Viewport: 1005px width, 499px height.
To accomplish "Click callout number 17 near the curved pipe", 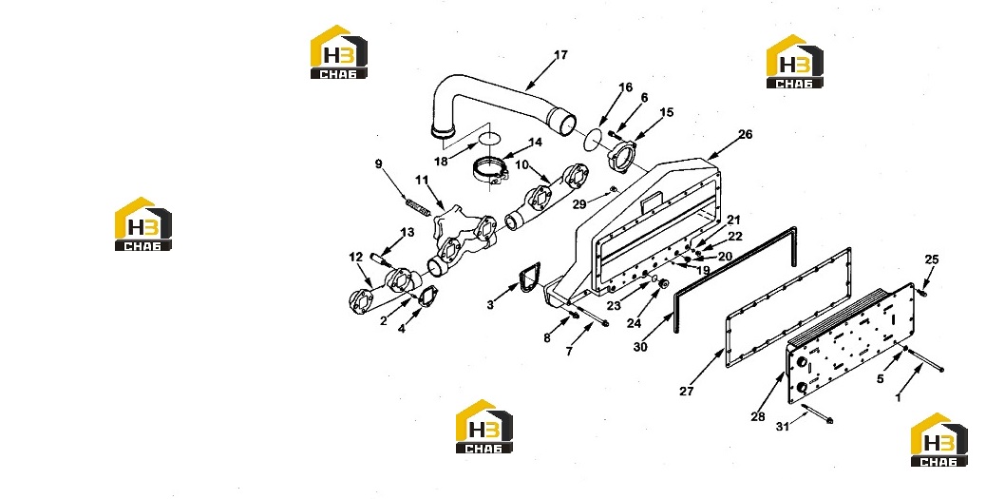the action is pyautogui.click(x=560, y=55).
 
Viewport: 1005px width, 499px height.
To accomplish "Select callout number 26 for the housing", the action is pyautogui.click(x=746, y=134).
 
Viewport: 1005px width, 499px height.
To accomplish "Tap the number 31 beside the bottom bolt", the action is pyautogui.click(x=783, y=427).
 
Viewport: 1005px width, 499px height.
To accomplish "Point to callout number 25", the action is pyautogui.click(x=932, y=259).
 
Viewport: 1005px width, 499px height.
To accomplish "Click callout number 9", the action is pyautogui.click(x=379, y=164).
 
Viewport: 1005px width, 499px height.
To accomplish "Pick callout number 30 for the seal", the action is pyautogui.click(x=640, y=347).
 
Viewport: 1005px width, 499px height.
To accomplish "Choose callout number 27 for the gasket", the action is pyautogui.click(x=687, y=391).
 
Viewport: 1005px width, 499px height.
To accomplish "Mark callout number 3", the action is pyautogui.click(x=490, y=305).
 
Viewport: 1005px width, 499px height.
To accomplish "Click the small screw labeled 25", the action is pyautogui.click(x=921, y=291).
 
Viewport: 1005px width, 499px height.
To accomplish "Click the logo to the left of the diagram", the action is pyautogui.click(x=142, y=223).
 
